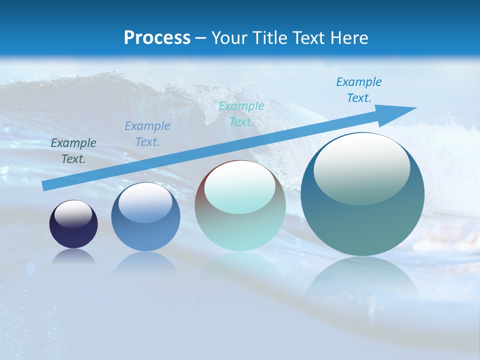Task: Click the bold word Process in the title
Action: pyautogui.click(x=157, y=38)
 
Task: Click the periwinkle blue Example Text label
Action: pyautogui.click(x=147, y=133)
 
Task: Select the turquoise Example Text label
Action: pyautogui.click(x=241, y=113)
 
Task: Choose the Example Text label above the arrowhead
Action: pyautogui.click(x=359, y=89)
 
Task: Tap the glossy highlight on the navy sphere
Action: pyautogui.click(x=73, y=214)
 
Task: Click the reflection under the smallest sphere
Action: pyautogui.click(x=73, y=257)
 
